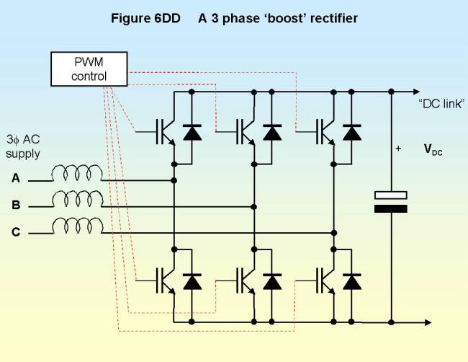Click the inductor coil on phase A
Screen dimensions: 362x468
(x=76, y=173)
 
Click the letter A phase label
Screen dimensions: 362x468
(x=16, y=177)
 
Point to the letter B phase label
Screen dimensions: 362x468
(x=16, y=205)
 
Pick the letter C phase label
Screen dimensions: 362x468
(x=16, y=231)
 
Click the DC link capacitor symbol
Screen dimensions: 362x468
(x=391, y=201)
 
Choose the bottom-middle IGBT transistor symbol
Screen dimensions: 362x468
(x=246, y=281)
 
